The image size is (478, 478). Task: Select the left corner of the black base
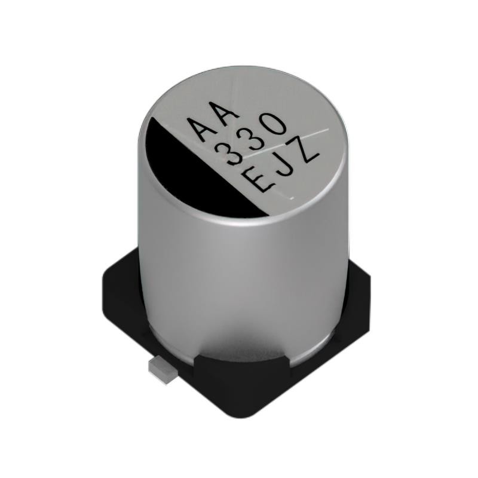[x=108, y=281]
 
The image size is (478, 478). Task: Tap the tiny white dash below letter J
[x=292, y=195]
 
